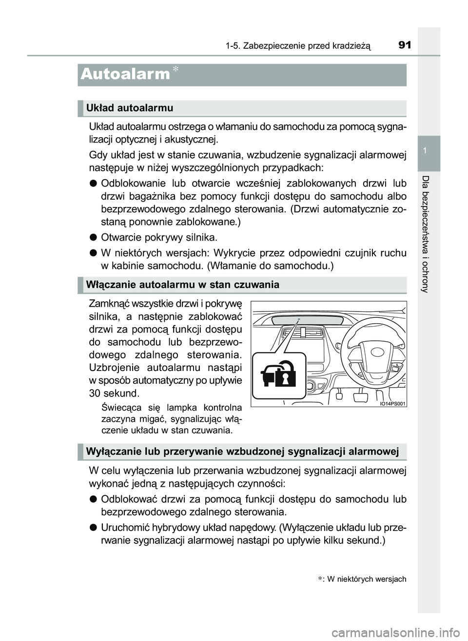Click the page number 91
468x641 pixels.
(x=405, y=45)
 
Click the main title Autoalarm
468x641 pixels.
(x=125, y=74)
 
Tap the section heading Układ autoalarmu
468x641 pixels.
(x=129, y=108)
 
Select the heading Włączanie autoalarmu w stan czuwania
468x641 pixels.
(x=182, y=285)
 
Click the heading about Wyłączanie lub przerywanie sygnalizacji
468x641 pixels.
(x=242, y=452)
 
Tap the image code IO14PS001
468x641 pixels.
(x=393, y=403)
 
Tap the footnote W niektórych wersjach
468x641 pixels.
(x=366, y=579)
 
